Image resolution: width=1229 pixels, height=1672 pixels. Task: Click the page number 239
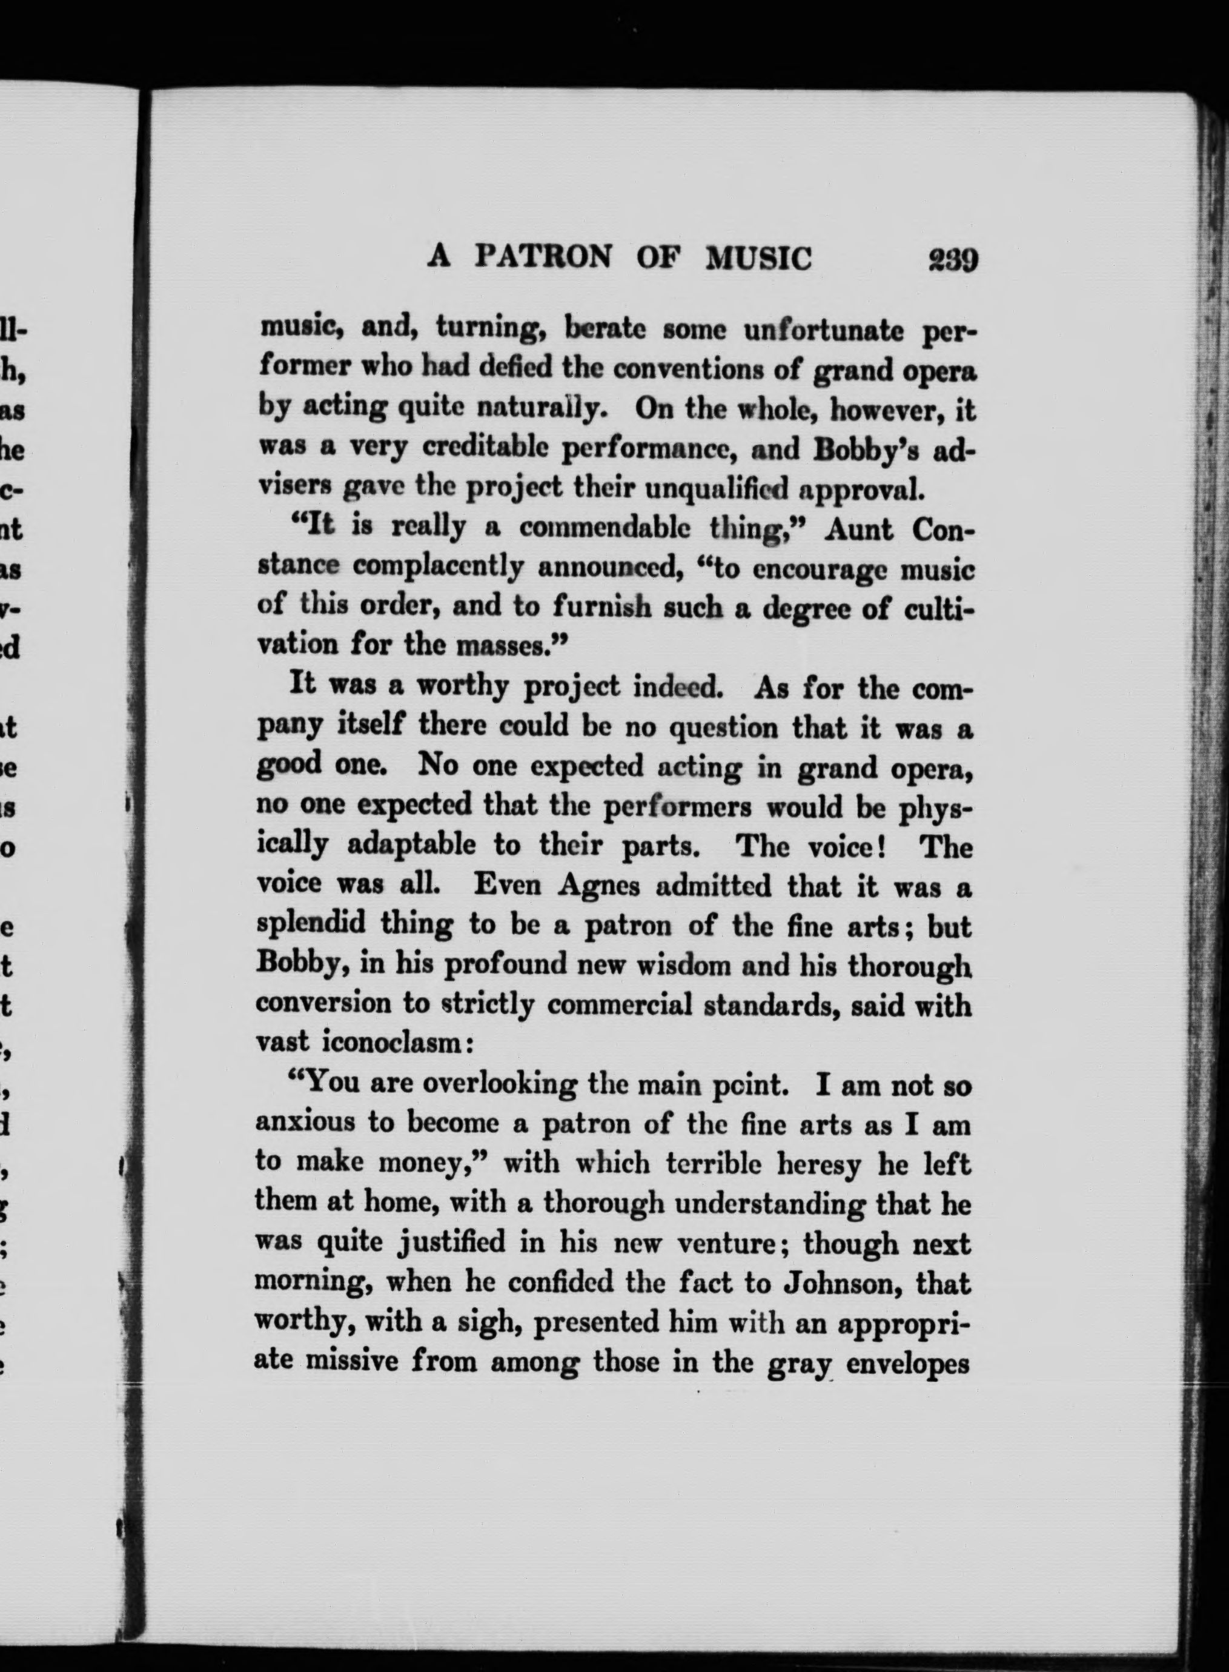(x=952, y=260)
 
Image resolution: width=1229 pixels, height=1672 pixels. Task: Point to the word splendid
(x=310, y=924)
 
